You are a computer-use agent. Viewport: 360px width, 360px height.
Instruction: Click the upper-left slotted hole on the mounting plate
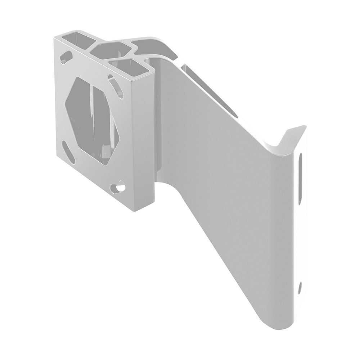point(66,57)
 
